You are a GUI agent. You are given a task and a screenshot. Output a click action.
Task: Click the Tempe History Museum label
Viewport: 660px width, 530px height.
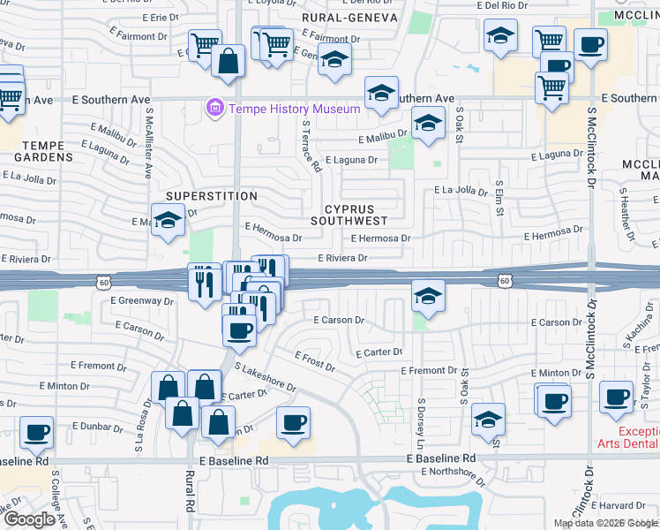pos(294,109)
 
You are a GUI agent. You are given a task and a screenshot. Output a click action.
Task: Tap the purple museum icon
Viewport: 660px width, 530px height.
pos(213,109)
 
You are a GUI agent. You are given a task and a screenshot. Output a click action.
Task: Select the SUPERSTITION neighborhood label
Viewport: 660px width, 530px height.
pos(212,196)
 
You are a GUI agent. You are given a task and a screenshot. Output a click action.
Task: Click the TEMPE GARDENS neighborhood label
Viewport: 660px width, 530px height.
pos(35,151)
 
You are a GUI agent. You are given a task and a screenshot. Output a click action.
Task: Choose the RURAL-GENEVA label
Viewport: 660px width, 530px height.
pos(349,17)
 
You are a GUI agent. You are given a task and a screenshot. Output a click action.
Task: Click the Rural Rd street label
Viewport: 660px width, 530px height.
pos(190,499)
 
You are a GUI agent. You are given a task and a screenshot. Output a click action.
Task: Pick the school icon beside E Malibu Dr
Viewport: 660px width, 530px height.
pos(428,124)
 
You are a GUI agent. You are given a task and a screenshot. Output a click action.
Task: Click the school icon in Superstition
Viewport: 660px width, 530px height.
pos(166,220)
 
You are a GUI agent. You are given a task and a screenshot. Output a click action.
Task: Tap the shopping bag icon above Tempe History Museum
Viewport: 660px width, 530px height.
pos(229,62)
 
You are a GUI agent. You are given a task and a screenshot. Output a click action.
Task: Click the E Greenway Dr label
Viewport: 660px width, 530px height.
pos(142,300)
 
